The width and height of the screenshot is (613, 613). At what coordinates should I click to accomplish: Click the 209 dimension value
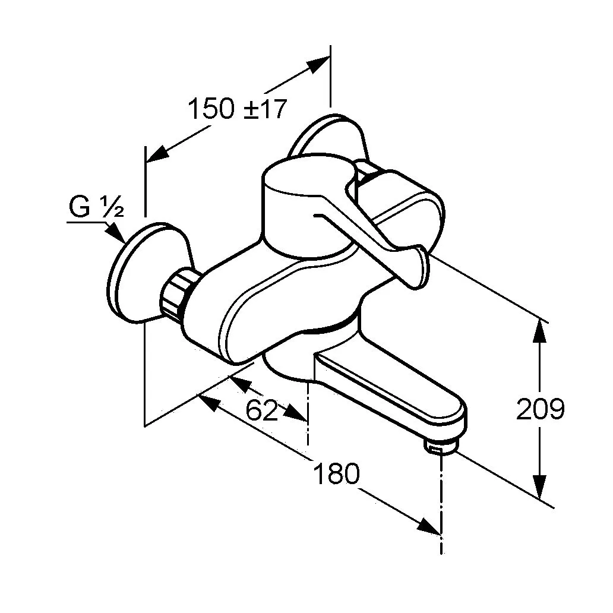point(541,409)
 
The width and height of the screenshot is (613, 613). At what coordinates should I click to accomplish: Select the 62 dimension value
point(261,410)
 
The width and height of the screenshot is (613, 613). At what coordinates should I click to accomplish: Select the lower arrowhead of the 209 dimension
point(540,486)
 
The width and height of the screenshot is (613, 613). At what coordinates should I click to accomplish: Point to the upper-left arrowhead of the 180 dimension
point(208,403)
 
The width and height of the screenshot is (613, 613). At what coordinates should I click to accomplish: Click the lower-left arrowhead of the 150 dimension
point(157,155)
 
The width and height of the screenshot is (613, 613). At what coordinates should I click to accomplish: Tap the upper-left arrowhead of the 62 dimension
point(238,384)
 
